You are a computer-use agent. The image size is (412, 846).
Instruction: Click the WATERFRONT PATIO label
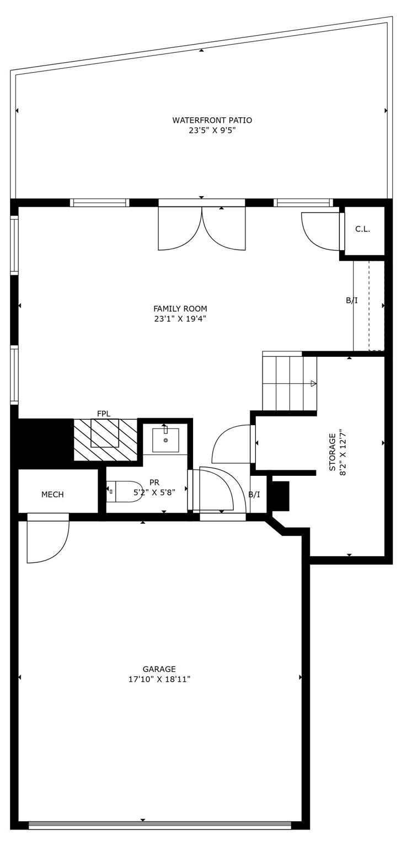click(212, 120)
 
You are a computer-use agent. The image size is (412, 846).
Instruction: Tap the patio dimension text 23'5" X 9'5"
click(212, 131)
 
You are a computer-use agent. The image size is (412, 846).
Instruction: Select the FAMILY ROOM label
click(180, 308)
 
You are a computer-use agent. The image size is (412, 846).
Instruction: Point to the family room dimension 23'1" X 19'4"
click(180, 319)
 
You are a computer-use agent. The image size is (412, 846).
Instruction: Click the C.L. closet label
click(362, 229)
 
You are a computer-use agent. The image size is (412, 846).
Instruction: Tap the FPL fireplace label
click(104, 414)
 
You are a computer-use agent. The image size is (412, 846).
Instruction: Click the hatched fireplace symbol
click(105, 440)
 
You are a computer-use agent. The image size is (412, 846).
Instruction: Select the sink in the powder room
click(165, 440)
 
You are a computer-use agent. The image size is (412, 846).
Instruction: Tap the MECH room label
click(52, 495)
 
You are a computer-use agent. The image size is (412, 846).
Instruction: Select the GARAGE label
click(159, 669)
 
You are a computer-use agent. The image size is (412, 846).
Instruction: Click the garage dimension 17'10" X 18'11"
click(159, 679)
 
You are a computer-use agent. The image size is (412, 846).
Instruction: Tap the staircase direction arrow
click(313, 383)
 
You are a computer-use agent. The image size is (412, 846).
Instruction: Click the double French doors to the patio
click(202, 226)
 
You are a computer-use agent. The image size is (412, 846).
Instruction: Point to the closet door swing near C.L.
click(320, 231)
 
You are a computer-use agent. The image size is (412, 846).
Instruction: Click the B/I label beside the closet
click(351, 300)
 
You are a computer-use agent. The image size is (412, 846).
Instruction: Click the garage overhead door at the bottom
click(160, 825)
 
